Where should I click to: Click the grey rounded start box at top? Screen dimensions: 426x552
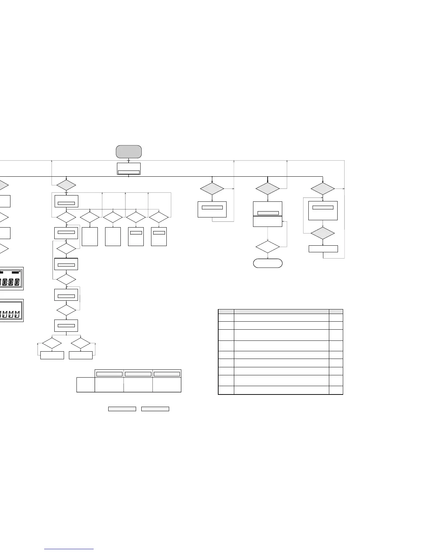pos(129,152)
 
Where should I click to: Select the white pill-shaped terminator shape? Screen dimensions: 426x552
pos(268,263)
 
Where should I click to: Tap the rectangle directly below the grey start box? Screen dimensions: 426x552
pos(129,168)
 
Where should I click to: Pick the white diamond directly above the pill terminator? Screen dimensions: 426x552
pos(268,247)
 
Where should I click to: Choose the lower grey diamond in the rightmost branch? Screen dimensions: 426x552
pos(323,233)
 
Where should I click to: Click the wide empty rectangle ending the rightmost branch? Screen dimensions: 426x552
pos(323,249)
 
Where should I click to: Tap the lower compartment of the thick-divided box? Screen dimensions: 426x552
pos(267,221)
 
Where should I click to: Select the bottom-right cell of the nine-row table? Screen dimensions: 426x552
pos(336,390)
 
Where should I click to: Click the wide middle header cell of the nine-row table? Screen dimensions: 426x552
pos(281,311)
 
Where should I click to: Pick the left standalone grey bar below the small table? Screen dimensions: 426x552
pos(122,409)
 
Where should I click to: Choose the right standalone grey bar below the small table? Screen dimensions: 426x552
pos(155,409)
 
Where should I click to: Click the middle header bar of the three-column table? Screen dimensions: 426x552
pos(138,374)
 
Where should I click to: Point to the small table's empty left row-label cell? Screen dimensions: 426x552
pos(86,384)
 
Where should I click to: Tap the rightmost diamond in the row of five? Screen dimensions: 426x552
pos(159,217)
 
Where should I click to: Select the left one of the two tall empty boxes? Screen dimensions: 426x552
pos(90,237)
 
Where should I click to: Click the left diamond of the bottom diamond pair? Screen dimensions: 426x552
pos(52,343)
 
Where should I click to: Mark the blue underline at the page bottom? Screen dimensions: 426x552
pos(69,549)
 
